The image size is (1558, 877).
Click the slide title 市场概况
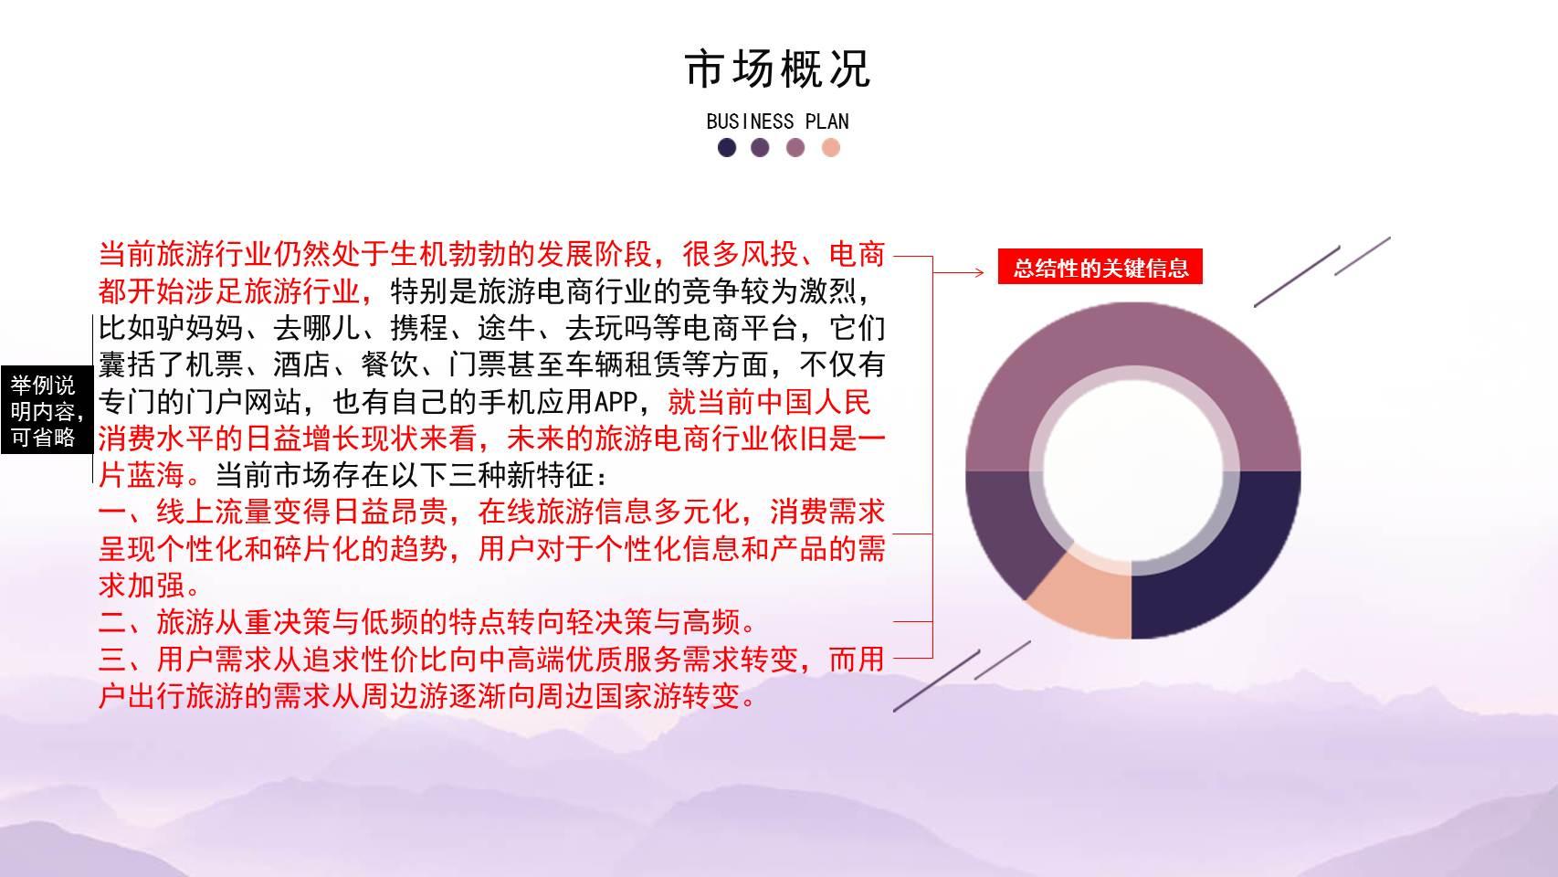point(777,69)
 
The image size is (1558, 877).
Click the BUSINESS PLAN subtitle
point(777,122)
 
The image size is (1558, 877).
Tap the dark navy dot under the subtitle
point(727,148)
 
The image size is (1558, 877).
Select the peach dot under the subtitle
point(830,148)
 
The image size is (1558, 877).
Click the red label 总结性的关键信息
point(1100,267)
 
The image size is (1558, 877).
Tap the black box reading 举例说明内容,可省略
point(47,410)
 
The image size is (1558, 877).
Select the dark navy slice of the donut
point(1214,550)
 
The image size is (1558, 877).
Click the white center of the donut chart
point(1133,470)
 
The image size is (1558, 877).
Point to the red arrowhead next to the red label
point(980,273)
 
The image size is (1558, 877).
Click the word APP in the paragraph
point(616,402)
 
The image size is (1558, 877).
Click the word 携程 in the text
point(419,329)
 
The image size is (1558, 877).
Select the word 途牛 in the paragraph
point(507,329)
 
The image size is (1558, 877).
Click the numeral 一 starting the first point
point(112,513)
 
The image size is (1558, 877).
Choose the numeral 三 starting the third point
point(112,660)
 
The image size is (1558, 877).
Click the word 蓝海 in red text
point(156,476)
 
